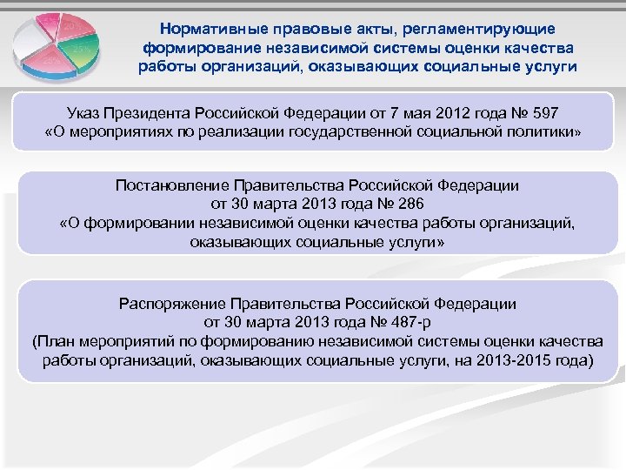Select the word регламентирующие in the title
pos(474,30)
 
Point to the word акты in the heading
pos(357,30)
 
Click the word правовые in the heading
pos(302,30)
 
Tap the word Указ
pos(84,113)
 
